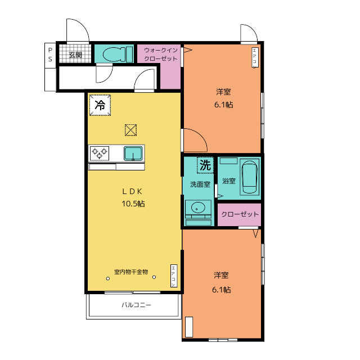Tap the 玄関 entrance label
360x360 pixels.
[75, 55]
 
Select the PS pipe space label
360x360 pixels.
[50, 55]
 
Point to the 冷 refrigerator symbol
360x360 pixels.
[100, 105]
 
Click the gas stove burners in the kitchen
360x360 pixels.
[100, 153]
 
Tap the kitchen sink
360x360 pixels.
[133, 153]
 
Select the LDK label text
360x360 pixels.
[133, 190]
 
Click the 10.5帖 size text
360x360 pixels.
[133, 204]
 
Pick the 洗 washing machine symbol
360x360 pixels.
[205, 165]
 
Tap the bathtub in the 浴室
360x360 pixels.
[249, 177]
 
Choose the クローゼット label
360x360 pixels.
[240, 214]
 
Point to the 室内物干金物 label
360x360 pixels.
[130, 272]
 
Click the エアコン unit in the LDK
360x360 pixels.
[174, 276]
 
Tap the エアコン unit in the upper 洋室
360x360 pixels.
[254, 58]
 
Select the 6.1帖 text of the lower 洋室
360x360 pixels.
[222, 290]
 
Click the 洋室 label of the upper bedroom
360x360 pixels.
[223, 91]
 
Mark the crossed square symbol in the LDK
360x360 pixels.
[130, 130]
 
